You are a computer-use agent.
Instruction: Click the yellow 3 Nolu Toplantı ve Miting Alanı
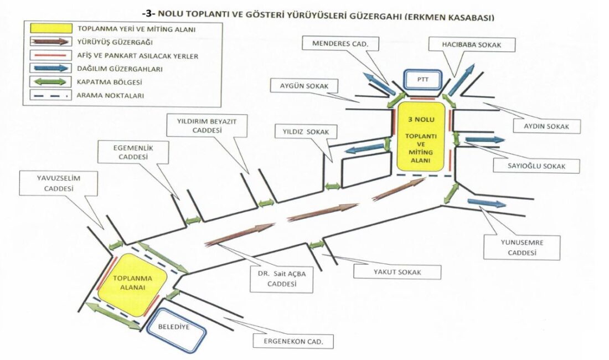421,136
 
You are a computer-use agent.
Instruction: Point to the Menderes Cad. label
340,43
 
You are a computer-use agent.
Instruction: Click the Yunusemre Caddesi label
522,248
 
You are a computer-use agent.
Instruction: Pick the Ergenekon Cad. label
294,341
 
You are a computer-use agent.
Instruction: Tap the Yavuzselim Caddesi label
49,183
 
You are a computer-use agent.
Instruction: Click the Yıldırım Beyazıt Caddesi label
207,125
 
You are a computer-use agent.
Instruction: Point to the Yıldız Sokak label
302,132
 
